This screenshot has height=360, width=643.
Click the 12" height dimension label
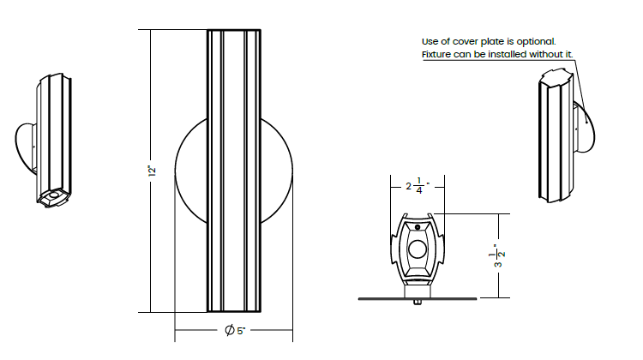[152, 171]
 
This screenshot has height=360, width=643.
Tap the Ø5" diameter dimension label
[235, 330]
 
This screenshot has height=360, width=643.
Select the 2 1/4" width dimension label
[418, 186]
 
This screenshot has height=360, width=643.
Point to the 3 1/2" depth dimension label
[499, 255]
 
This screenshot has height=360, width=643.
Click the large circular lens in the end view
[418, 249]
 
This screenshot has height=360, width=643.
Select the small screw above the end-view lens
[418, 227]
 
